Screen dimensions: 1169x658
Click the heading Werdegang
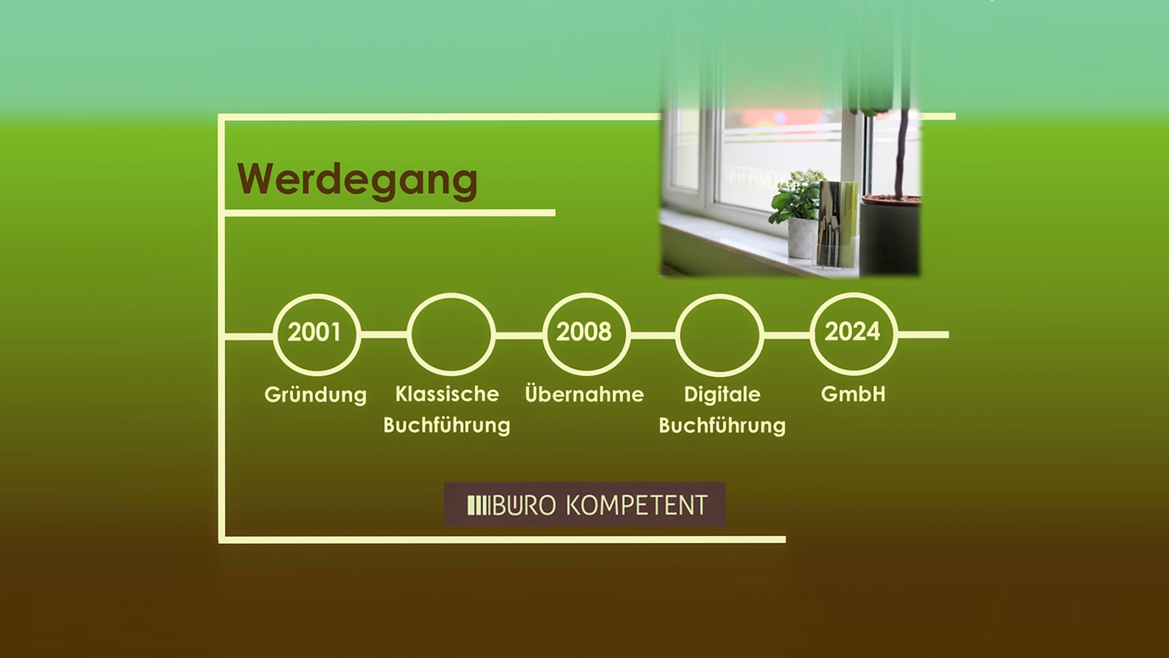tap(357, 180)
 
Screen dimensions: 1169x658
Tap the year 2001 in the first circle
tap(314, 332)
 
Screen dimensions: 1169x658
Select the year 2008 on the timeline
tap(584, 331)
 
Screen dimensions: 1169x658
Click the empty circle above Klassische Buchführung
tap(451, 294)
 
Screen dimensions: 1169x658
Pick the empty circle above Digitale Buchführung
tap(720, 295)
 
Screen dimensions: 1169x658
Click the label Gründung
tap(315, 395)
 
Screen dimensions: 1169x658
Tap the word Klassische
tap(447, 394)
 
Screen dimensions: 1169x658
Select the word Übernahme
tap(584, 394)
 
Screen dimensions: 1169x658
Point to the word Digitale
tap(722, 395)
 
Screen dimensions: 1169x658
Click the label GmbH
tap(853, 394)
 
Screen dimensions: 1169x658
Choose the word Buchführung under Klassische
tap(447, 425)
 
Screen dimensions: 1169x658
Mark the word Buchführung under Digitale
tap(722, 425)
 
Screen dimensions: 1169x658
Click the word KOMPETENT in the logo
tap(637, 505)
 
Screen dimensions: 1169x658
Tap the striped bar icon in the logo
tap(478, 505)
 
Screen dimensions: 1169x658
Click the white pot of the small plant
tap(802, 238)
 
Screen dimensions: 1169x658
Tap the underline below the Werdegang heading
tap(390, 213)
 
